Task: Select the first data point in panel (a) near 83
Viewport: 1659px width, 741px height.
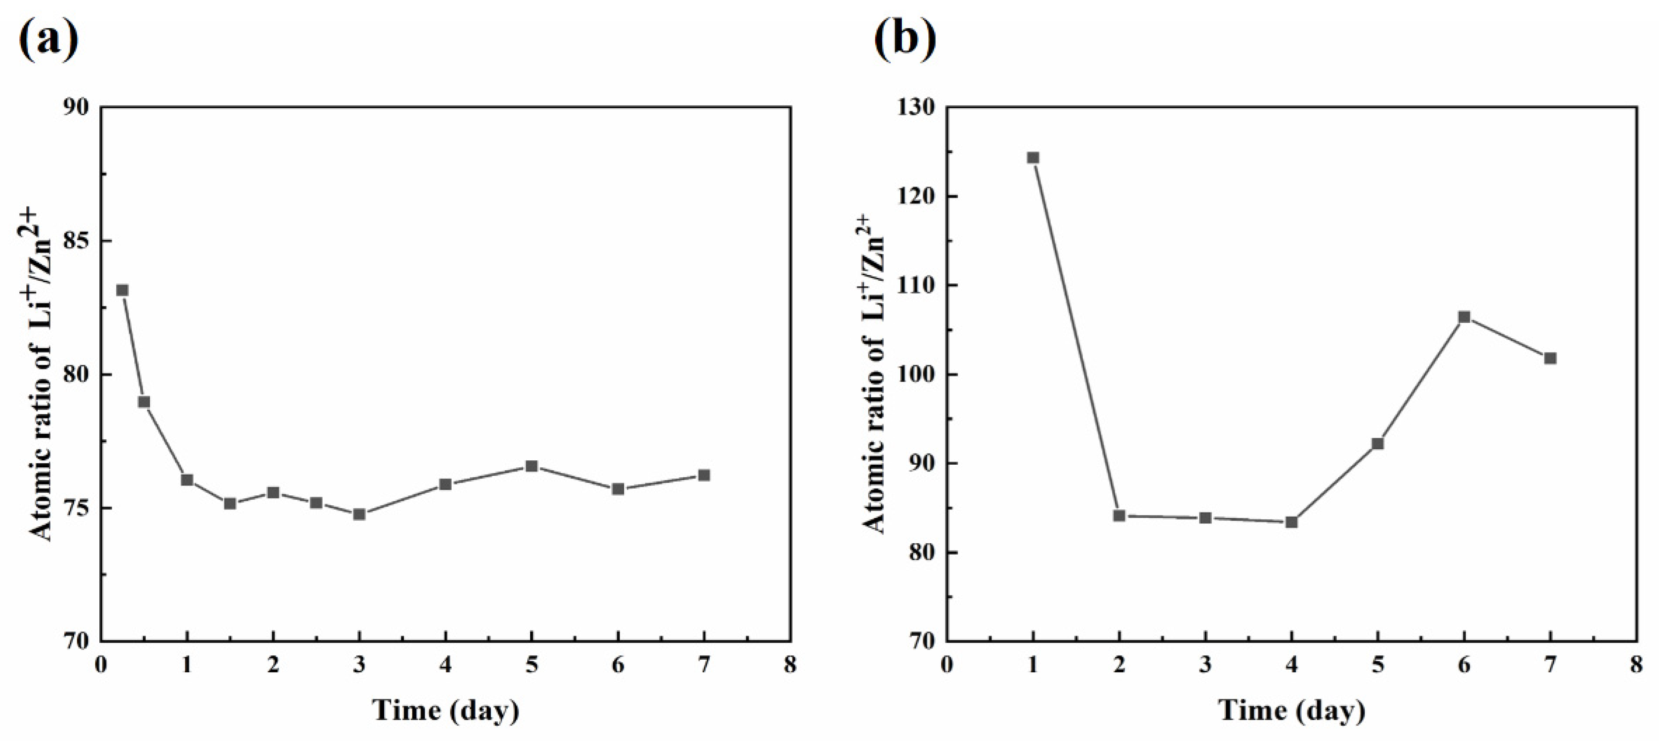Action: pyautogui.click(x=122, y=290)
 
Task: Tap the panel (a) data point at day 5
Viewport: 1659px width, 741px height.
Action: pyautogui.click(x=531, y=466)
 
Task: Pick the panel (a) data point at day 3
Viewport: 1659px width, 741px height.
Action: pyautogui.click(x=359, y=514)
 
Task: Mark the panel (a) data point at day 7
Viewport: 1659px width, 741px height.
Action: pyautogui.click(x=704, y=475)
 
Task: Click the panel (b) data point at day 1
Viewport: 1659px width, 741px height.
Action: pyautogui.click(x=1033, y=158)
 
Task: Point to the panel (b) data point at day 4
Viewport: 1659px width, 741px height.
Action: pyautogui.click(x=1291, y=522)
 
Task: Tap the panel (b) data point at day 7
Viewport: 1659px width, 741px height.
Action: pyautogui.click(x=1550, y=358)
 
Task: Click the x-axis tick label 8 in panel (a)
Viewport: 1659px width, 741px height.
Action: pyautogui.click(x=790, y=665)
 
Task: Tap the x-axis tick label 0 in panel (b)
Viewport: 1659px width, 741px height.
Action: pyautogui.click(x=947, y=665)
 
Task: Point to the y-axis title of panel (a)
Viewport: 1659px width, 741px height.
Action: pyautogui.click(x=40, y=374)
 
